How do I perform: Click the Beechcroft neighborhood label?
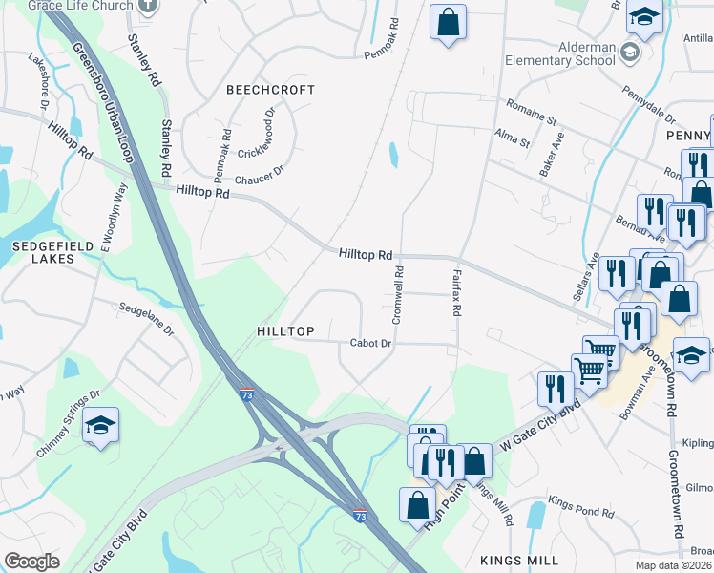pos(270,90)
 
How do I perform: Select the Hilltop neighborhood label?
pos(285,331)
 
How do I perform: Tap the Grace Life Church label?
pos(80,5)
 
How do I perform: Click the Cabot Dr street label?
pos(370,343)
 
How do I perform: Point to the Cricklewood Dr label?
pos(256,133)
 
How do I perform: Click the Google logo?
pos(31,562)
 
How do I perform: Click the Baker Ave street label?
pos(552,154)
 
